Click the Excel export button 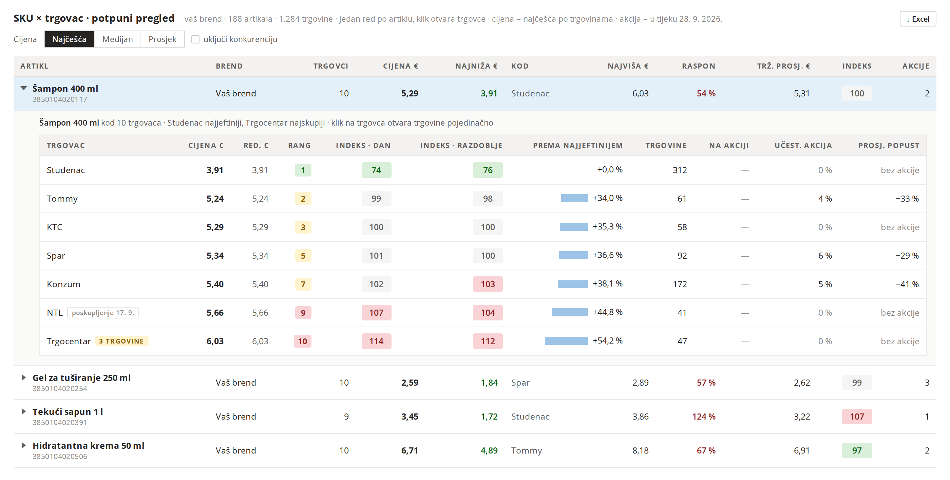tap(917, 19)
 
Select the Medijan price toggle tap(118, 39)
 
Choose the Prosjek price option tap(162, 39)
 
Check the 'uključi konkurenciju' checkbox tap(195, 39)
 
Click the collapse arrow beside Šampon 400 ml tap(24, 88)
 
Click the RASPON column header tap(699, 66)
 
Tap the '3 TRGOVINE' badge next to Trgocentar tap(121, 341)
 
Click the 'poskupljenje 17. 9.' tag tap(103, 313)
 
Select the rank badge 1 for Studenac tap(303, 170)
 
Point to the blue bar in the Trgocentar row tap(567, 341)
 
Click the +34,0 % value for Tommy tap(607, 198)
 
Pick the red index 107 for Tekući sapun tap(857, 417)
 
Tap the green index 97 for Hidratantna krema tap(857, 450)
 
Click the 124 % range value tap(704, 417)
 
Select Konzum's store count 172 tap(680, 284)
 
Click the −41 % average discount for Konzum tap(907, 284)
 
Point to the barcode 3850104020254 tap(60, 388)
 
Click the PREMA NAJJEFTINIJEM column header tap(577, 145)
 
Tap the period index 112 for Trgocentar tap(488, 341)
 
